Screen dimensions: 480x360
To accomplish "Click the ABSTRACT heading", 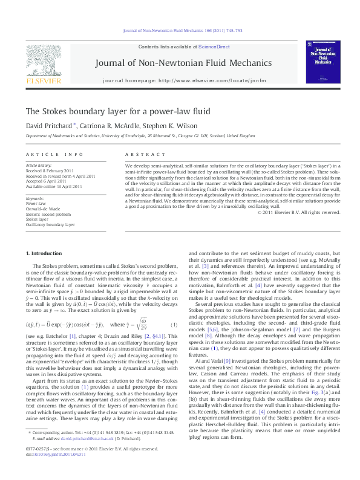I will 137,155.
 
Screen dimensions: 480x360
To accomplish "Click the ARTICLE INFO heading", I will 46,155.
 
